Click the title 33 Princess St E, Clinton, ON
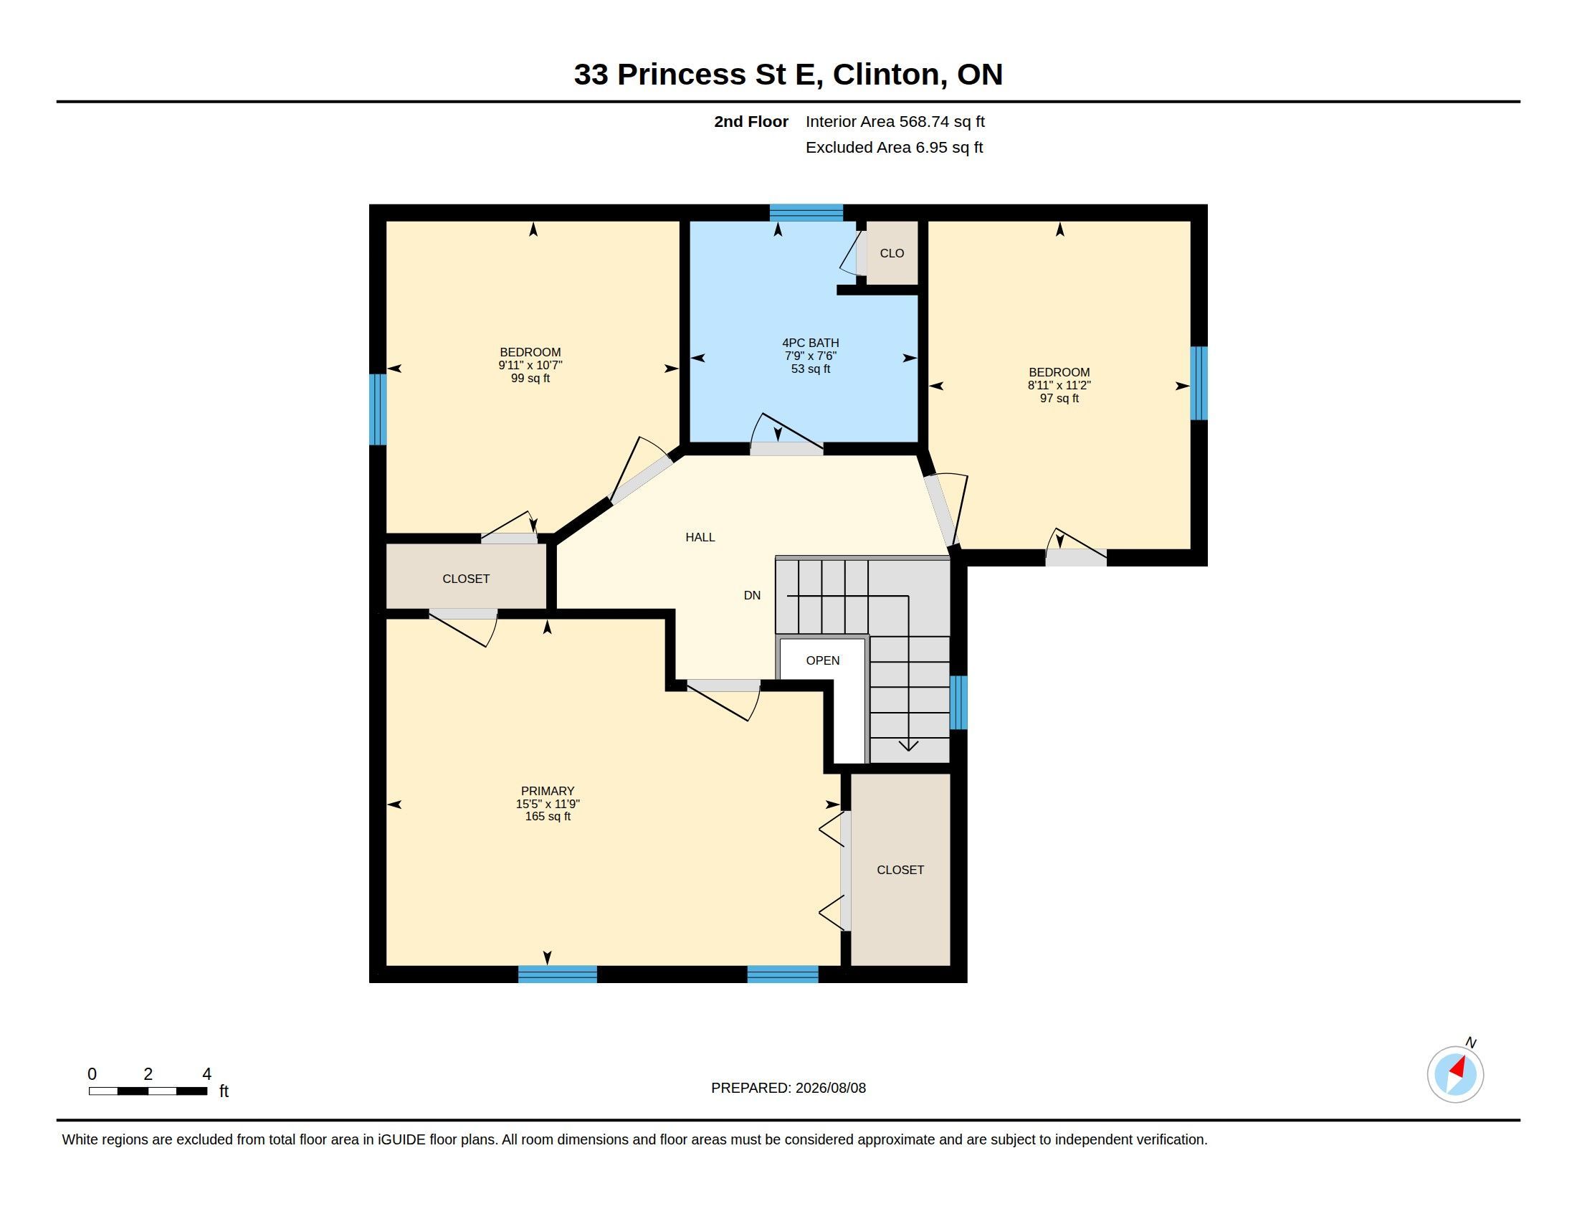pos(788,75)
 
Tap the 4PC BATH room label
pos(810,343)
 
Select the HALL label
pos(700,537)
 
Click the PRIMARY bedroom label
pos(548,791)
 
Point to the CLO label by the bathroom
pos(892,253)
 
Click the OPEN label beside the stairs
pos(822,661)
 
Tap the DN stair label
pos(752,596)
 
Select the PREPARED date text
pos(788,1088)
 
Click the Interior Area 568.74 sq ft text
pos(895,122)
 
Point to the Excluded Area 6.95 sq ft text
pos(894,148)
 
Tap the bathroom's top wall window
pos(806,213)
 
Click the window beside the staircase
pos(958,703)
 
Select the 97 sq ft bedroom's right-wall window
pos(1199,384)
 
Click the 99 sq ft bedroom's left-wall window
pos(378,409)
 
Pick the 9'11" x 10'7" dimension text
pos(530,366)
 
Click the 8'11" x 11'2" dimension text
pos(1059,386)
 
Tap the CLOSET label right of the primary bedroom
pos(900,871)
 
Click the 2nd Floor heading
pos(751,122)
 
